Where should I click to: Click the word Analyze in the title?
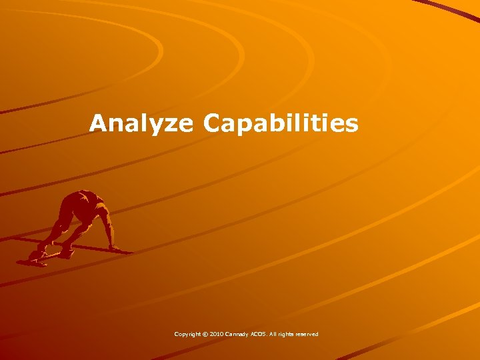[x=141, y=123]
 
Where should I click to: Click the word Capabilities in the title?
[x=281, y=123]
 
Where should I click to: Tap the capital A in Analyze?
[x=99, y=123]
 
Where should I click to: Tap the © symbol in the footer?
[x=206, y=334]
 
